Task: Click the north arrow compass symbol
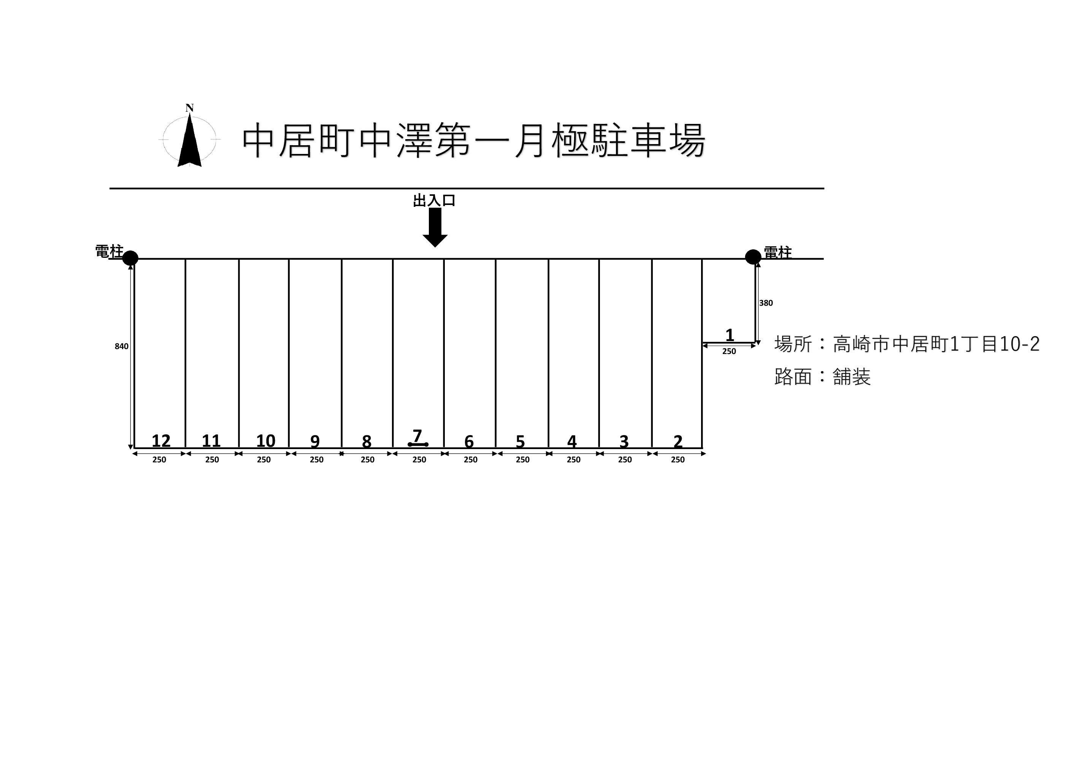pos(189,140)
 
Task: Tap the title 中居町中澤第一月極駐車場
pos(473,141)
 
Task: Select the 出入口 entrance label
pos(434,201)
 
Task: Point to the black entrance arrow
pos(435,227)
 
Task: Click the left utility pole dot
pos(130,258)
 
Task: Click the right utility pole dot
pos(753,257)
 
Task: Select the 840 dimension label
pos(122,346)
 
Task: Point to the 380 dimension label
pos(766,303)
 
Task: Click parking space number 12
pos(161,441)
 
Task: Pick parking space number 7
pos(417,436)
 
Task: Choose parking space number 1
pos(730,335)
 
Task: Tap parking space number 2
pos(678,441)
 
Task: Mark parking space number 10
pos(265,441)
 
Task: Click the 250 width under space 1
pos(729,351)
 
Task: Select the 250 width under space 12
pos(159,460)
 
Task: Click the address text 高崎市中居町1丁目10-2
pos(936,344)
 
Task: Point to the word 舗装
pos(852,377)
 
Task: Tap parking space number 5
pos(520,441)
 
